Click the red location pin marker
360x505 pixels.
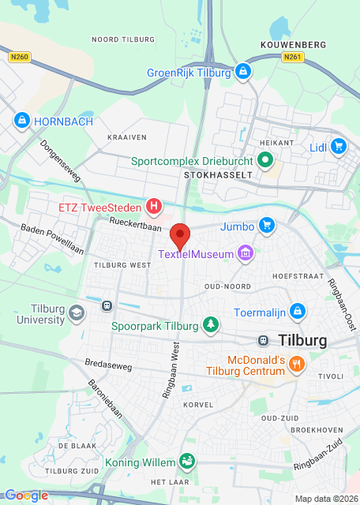tap(181, 236)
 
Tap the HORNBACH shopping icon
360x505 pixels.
tap(21, 121)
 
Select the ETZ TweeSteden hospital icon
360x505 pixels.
tap(155, 208)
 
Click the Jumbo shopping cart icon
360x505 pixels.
tap(267, 226)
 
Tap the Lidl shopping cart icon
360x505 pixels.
tap(339, 146)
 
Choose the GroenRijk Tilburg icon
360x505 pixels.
tap(242, 72)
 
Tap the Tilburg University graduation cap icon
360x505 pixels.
tap(76, 313)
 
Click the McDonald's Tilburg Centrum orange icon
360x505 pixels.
tap(297, 364)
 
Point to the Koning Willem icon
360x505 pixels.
tap(187, 459)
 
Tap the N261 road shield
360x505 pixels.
tap(292, 57)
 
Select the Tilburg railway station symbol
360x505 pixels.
tap(262, 340)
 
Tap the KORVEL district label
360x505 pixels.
tap(198, 404)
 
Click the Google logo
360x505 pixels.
tap(26, 496)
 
